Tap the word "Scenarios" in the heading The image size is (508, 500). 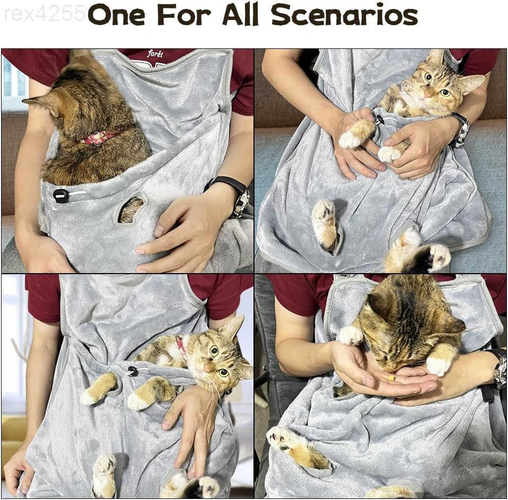[344, 14]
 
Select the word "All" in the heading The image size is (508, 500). [240, 14]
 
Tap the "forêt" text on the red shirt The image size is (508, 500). [155, 54]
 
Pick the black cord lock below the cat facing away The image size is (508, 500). [61, 196]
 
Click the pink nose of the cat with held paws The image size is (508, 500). [428, 95]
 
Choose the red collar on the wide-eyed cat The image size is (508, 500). [181, 347]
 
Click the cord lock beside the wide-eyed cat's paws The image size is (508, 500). [133, 371]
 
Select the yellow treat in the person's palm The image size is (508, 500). [392, 378]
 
